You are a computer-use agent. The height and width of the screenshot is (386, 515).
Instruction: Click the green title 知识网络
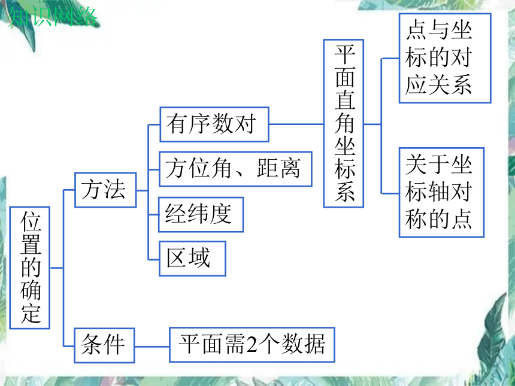tap(53, 17)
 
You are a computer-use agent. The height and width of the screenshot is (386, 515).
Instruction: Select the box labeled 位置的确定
tap(30, 268)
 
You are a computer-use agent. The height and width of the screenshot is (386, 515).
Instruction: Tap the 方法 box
tap(105, 190)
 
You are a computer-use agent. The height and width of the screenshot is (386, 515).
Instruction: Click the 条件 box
tap(104, 345)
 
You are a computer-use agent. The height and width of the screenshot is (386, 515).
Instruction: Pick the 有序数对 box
tap(214, 124)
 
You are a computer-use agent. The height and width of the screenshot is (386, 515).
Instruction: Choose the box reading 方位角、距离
tap(235, 169)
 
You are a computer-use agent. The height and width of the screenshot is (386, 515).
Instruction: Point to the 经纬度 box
tap(201, 215)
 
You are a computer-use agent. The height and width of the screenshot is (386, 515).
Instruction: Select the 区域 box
tap(192, 259)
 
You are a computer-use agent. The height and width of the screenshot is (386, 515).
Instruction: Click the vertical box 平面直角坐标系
tap(344, 123)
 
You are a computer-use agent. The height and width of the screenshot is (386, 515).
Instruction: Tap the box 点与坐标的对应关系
tap(445, 58)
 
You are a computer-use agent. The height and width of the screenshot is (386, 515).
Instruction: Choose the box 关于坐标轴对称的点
tap(442, 192)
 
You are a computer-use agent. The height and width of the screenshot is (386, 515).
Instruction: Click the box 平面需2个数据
tap(252, 345)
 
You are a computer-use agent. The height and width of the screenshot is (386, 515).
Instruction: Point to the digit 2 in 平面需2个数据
tap(252, 345)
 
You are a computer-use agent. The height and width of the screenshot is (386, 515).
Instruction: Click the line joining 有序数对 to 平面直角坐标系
tap(296, 124)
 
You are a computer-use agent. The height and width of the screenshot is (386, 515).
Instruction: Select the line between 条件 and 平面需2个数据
tap(152, 346)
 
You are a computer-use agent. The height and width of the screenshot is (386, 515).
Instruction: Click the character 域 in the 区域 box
tap(199, 258)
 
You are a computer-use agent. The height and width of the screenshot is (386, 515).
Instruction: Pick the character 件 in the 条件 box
tap(114, 344)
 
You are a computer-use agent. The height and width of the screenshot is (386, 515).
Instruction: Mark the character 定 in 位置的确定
tap(31, 314)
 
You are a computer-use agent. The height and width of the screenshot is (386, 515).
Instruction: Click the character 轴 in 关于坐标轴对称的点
tap(439, 192)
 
